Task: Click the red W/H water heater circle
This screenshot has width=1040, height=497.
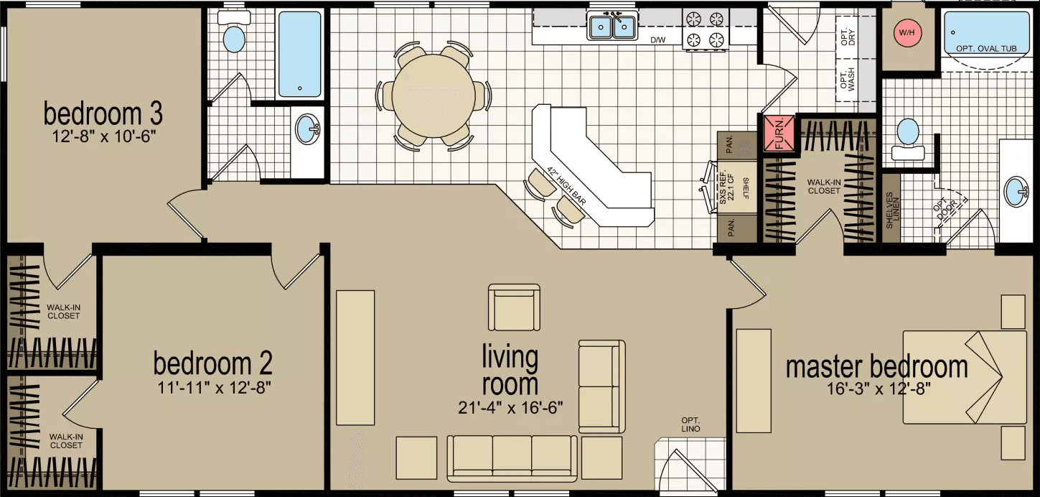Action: (x=908, y=32)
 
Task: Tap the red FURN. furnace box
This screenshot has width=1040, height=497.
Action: (x=779, y=134)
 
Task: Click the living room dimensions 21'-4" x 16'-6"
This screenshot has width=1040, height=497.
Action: (x=510, y=408)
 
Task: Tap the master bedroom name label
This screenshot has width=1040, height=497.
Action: (x=876, y=367)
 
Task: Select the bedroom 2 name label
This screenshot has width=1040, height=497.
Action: (x=212, y=363)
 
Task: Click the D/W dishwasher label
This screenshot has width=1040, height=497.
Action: (x=657, y=40)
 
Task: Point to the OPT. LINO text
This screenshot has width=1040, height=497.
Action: (x=691, y=424)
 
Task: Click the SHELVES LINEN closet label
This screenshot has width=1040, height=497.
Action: (x=891, y=210)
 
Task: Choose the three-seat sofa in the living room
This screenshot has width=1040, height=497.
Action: (x=512, y=457)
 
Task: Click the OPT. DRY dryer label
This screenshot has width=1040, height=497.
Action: (x=848, y=37)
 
